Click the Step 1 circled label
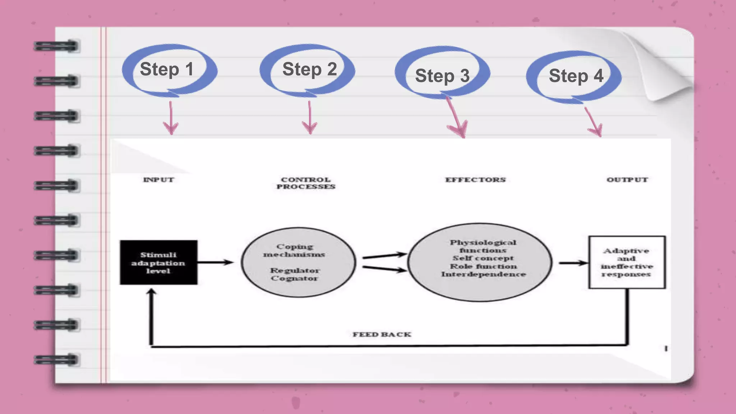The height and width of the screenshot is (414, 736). [167, 69]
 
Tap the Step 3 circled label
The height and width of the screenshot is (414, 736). [442, 75]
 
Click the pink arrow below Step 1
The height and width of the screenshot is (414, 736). [171, 119]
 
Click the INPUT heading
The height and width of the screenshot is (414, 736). [158, 180]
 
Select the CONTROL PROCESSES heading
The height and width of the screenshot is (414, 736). [306, 183]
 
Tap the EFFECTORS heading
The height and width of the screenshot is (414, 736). [475, 180]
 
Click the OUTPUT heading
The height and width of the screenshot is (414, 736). [627, 180]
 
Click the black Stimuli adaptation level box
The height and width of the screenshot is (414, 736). [158, 262]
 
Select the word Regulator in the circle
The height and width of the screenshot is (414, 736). [295, 270]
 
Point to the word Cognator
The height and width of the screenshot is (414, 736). [294, 279]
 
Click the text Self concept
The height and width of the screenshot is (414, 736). [483, 258]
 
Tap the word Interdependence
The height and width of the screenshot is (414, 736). [483, 274]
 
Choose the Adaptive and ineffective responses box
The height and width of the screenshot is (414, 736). [627, 262]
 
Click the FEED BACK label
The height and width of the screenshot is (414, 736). [382, 335]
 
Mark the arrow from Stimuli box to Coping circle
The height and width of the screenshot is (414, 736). [215, 262]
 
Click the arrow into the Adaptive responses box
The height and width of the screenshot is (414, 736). [573, 263]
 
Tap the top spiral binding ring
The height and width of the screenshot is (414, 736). [56, 46]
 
